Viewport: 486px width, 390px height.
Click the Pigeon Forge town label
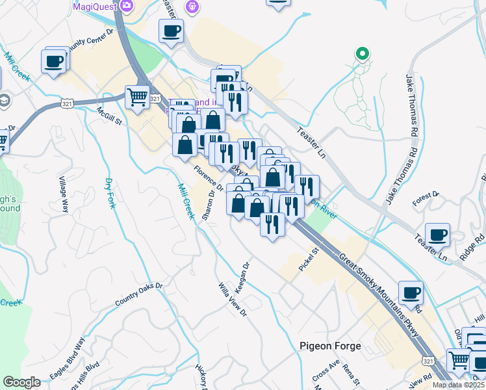point(330,346)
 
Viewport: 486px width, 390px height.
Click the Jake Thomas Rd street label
point(411,104)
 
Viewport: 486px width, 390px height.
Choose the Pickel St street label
point(308,259)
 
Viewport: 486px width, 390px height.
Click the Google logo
point(21,382)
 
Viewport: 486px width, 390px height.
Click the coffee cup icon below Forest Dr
point(437,235)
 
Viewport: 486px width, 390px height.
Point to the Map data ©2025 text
point(458,385)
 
